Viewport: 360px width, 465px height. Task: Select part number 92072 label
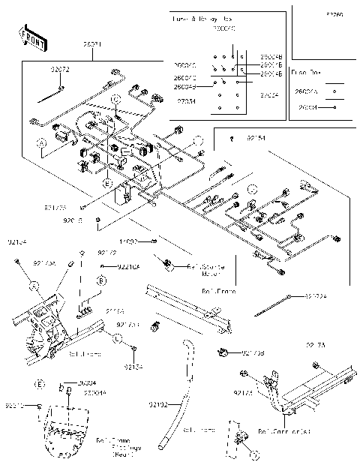click(60, 69)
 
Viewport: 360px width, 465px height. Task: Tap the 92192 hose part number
click(157, 405)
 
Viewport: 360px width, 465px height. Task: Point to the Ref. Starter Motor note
click(200, 268)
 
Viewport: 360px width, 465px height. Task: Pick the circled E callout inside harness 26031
click(107, 183)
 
